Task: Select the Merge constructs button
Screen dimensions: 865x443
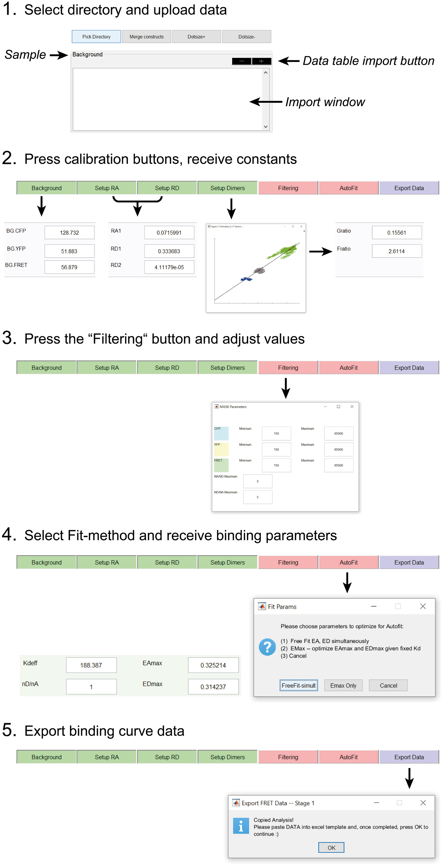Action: (x=146, y=37)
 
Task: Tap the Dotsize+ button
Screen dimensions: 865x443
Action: (x=196, y=37)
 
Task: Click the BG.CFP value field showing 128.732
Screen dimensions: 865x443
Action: (x=69, y=232)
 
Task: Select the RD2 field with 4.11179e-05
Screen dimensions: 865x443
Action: (x=169, y=267)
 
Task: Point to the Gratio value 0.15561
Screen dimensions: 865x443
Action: (x=396, y=232)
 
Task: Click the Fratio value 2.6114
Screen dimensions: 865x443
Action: (x=396, y=251)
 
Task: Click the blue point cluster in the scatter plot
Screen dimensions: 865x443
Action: (x=247, y=279)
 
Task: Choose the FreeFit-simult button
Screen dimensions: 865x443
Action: (x=298, y=685)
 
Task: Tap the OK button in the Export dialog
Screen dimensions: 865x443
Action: (x=331, y=848)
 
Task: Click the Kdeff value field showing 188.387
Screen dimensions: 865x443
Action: (x=91, y=665)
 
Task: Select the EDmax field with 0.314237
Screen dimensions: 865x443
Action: (x=213, y=687)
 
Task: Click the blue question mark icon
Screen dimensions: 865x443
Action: (x=267, y=647)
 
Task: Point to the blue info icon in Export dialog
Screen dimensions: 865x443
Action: (x=241, y=826)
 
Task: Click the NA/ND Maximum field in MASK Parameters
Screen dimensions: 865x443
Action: (x=257, y=481)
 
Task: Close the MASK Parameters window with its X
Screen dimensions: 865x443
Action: (x=352, y=407)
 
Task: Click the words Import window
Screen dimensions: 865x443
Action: (x=325, y=102)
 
